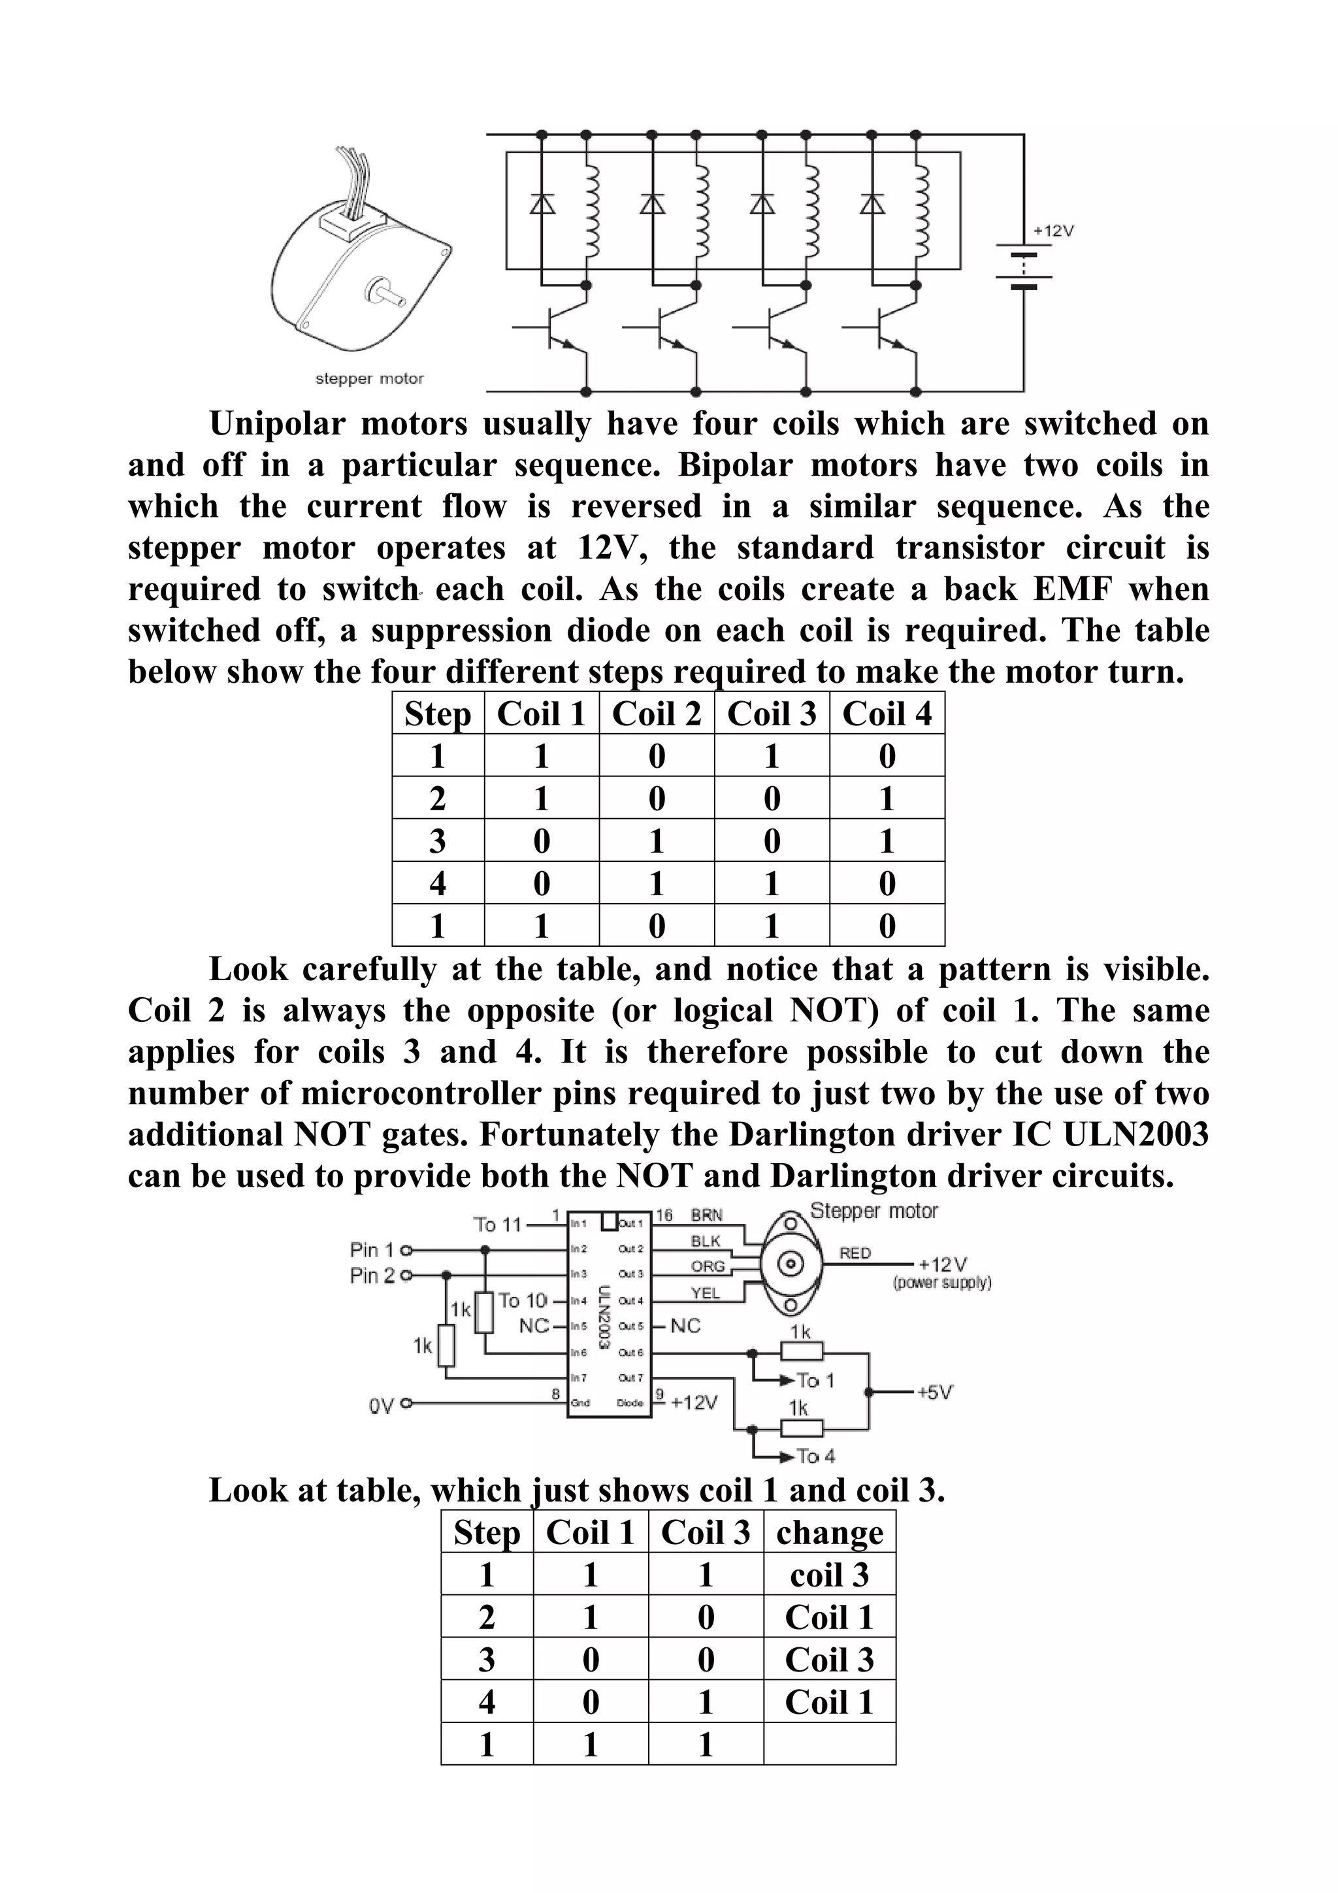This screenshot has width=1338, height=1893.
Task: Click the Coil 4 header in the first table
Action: pos(887,713)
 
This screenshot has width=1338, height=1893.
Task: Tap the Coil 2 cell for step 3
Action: pos(656,841)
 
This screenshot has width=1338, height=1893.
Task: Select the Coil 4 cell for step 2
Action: pos(887,798)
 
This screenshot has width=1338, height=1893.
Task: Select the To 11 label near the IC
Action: pos(497,1225)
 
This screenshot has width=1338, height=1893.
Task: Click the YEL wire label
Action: pos(705,1292)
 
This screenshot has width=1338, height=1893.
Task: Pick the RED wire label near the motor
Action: pos(855,1253)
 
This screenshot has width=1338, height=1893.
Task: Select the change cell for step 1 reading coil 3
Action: pos(829,1575)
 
